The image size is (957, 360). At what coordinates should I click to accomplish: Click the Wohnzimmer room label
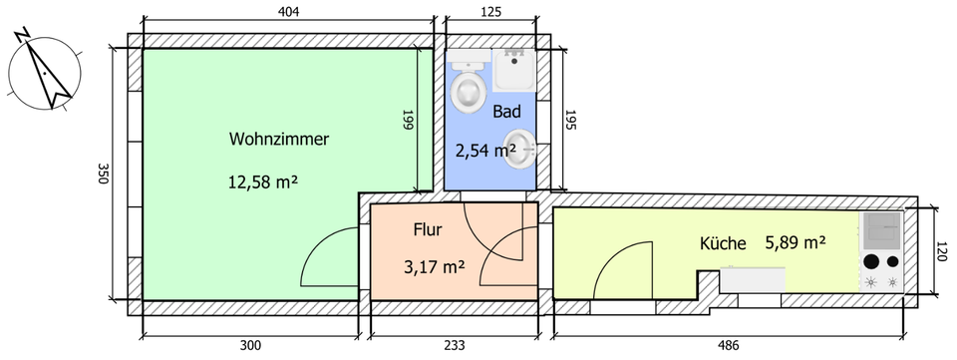click(279, 140)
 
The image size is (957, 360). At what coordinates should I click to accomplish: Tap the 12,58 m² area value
click(263, 181)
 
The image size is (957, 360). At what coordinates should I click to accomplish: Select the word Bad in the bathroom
click(507, 113)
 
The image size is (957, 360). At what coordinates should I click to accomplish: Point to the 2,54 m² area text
click(485, 151)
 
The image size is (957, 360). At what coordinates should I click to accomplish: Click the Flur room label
click(428, 230)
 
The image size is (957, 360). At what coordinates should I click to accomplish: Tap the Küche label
click(723, 243)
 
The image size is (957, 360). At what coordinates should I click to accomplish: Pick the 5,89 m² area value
click(796, 242)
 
